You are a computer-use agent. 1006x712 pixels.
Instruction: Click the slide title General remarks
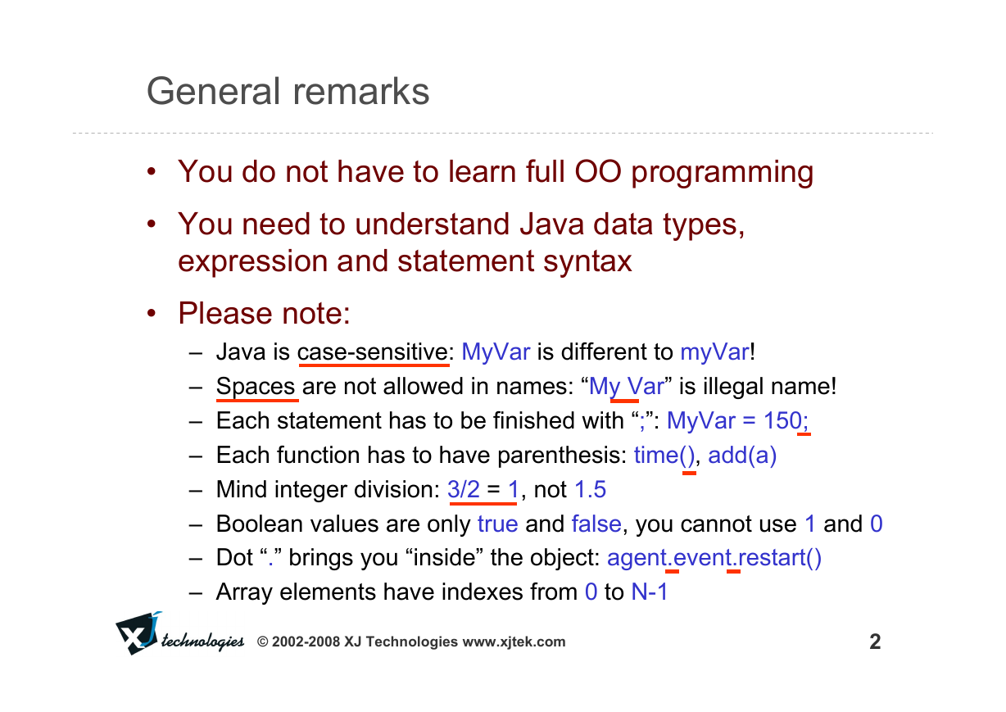point(288,91)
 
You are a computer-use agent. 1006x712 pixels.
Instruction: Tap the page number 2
point(875,642)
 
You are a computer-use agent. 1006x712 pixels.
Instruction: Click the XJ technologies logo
point(179,633)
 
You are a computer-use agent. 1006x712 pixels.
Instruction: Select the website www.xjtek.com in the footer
point(514,642)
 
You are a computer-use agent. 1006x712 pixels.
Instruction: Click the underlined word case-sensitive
point(373,352)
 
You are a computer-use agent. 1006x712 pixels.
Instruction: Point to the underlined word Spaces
point(256,388)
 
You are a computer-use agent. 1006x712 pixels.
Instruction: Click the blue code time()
point(664,455)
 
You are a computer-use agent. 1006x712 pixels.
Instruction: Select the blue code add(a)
point(742,455)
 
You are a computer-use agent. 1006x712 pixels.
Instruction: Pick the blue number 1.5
point(590,489)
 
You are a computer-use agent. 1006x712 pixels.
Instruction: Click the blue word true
point(497,524)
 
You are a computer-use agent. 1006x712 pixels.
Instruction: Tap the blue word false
point(596,524)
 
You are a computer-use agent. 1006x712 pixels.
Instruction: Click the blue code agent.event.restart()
point(714,558)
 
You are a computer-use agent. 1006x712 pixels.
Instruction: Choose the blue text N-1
point(650,592)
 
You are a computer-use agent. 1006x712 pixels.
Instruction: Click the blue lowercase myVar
point(714,352)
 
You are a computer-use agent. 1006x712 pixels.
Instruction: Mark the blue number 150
point(783,421)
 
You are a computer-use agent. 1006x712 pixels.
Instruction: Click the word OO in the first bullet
point(598,171)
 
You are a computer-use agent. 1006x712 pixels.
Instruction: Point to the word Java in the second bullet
point(552,224)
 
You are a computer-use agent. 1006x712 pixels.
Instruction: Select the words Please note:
point(264,313)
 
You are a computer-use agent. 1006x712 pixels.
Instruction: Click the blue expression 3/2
point(464,489)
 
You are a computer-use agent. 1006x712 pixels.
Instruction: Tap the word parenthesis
point(562,455)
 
